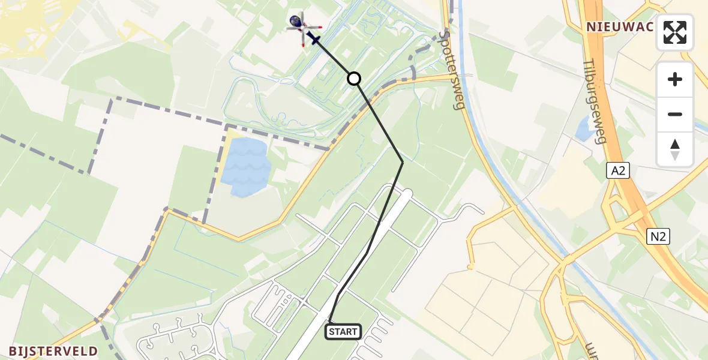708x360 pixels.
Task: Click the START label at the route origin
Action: [x=343, y=331]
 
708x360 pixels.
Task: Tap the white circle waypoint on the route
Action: [x=354, y=79]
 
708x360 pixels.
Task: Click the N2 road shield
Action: [x=658, y=236]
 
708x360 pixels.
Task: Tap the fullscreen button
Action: [x=675, y=32]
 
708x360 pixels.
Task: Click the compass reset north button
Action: [x=675, y=149]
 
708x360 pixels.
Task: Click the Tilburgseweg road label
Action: [x=595, y=109]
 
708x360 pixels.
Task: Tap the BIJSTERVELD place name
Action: [x=53, y=351]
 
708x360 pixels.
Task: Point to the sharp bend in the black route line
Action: [x=403, y=162]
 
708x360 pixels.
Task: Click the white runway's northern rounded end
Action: [x=408, y=193]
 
